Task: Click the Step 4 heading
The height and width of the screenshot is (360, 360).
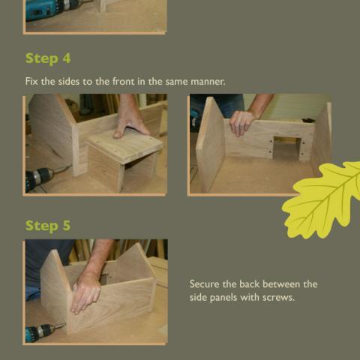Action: pyautogui.click(x=48, y=58)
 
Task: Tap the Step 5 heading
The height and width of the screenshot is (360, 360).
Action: pyautogui.click(x=48, y=225)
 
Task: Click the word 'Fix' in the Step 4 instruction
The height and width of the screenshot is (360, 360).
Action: pyautogui.click(x=31, y=80)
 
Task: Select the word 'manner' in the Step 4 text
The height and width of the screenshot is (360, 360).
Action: pyautogui.click(x=206, y=80)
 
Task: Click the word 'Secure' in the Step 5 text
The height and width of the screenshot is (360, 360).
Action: pyautogui.click(x=207, y=284)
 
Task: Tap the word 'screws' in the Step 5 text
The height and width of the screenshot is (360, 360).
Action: pyautogui.click(x=278, y=298)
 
